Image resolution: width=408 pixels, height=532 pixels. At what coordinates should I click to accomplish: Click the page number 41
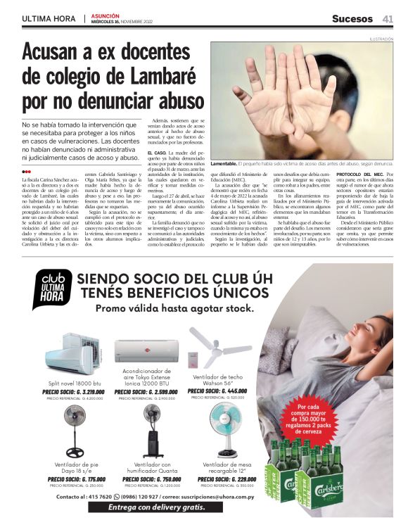tap(387, 18)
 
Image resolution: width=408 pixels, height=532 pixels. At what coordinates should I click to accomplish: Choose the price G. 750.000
tap(151, 479)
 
